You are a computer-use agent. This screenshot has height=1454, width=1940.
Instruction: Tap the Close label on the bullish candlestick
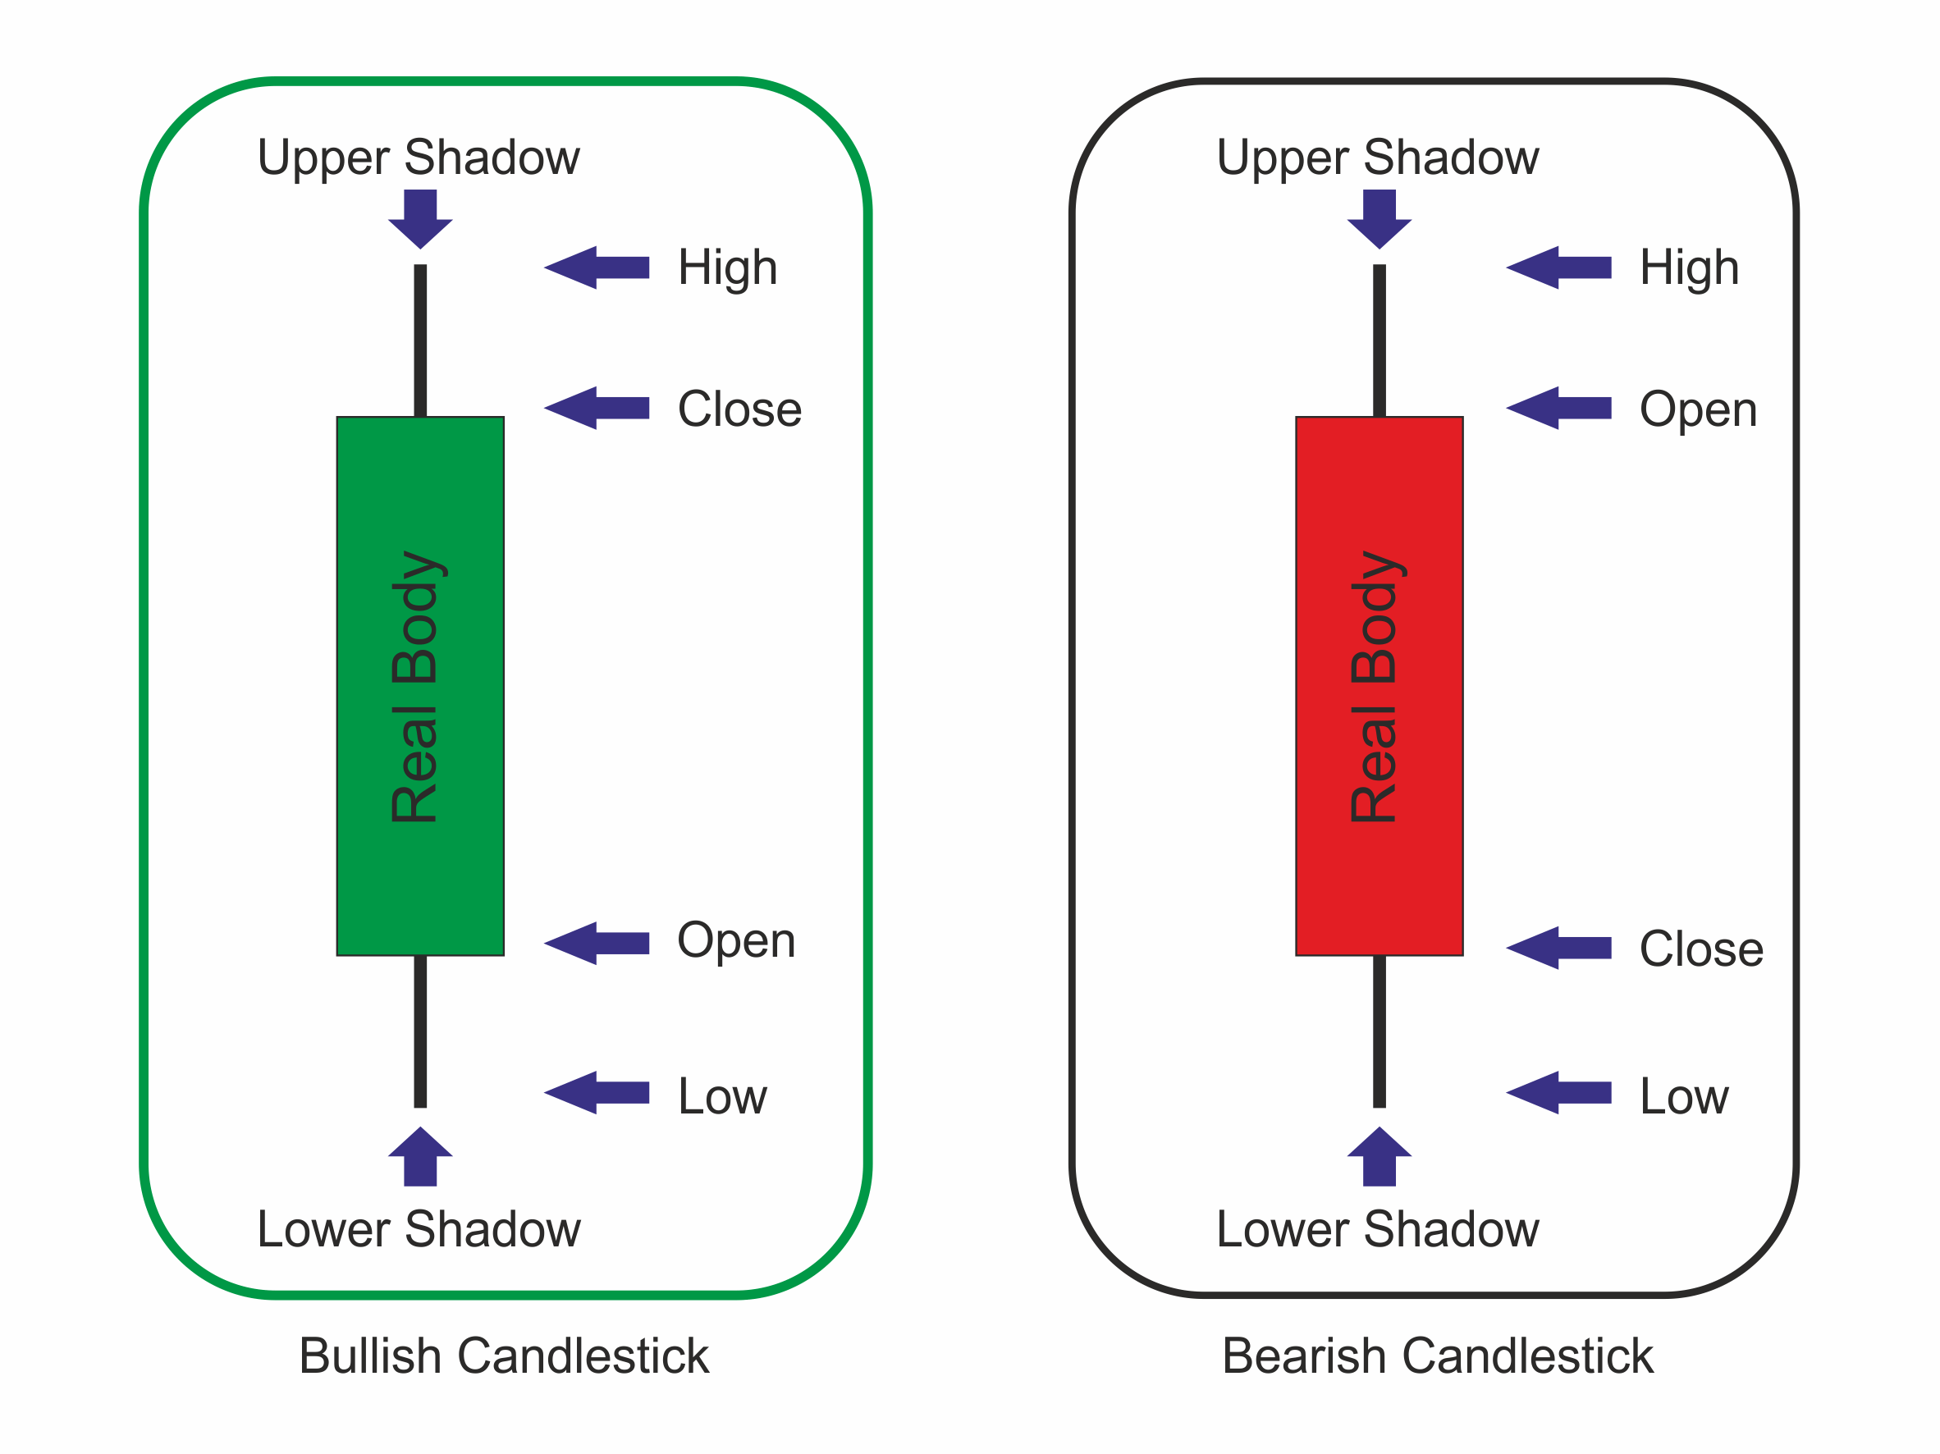point(739,409)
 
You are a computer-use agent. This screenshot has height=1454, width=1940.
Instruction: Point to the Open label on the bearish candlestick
point(1698,409)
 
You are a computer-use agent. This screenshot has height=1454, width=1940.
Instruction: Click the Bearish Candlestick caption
point(1438,1356)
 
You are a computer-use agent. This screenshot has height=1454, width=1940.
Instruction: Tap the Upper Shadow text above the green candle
point(419,158)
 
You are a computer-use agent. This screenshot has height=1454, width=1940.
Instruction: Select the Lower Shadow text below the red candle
point(1377,1228)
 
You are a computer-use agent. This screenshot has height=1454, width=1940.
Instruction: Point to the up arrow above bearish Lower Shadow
point(1379,1156)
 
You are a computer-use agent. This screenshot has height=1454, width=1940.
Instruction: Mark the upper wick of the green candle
point(420,341)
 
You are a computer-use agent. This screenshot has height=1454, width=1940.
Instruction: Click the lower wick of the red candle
point(1379,1031)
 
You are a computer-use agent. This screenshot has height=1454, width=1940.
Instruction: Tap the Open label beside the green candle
point(736,941)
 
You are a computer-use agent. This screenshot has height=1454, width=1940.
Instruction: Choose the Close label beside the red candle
point(1700,949)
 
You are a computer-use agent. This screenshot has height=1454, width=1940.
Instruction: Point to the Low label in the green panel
point(722,1096)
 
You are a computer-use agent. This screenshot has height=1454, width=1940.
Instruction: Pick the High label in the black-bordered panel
point(1688,267)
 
